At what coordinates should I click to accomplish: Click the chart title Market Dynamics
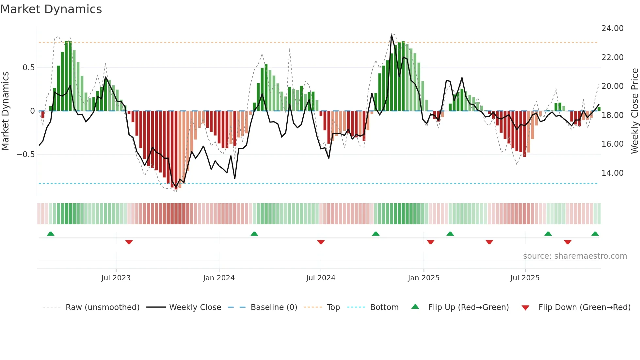click(51, 9)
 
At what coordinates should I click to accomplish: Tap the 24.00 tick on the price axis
click(612, 28)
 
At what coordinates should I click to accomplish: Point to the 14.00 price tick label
click(612, 173)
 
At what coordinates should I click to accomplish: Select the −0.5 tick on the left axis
click(25, 155)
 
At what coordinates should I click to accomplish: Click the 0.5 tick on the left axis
click(28, 68)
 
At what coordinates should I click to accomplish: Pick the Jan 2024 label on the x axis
click(219, 278)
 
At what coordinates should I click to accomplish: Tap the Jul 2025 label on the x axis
click(525, 278)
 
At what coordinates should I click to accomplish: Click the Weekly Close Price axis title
click(634, 111)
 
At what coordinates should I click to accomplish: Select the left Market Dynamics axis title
click(5, 111)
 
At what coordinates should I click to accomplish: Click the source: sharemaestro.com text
click(575, 256)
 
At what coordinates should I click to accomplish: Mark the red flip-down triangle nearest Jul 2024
click(321, 242)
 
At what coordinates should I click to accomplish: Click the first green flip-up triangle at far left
click(51, 234)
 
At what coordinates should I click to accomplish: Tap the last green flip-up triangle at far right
click(595, 234)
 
